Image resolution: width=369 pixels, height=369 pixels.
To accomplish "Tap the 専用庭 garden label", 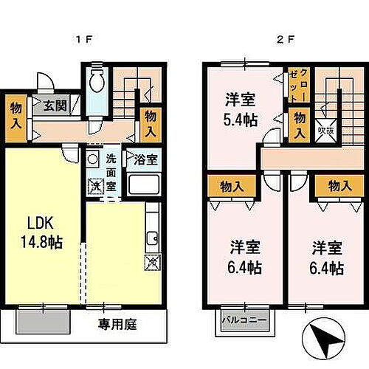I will coord(119,323).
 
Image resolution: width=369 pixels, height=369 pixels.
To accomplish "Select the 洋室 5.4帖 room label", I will coord(239,107).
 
